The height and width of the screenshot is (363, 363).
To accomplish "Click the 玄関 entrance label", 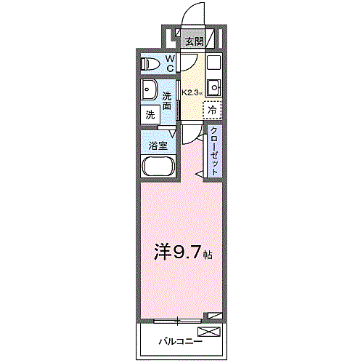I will tap(193, 41).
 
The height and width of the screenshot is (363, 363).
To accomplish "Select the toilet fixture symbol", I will tap(150, 63).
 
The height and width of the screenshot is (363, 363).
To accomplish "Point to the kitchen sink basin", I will tap(213, 89).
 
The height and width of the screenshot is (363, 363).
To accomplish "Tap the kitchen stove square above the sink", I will tap(213, 63).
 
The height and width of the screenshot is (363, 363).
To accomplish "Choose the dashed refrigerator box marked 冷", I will tap(212, 110).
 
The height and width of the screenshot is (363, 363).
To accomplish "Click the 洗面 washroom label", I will tap(167, 101).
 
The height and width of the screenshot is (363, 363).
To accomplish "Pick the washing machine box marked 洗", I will tap(150, 114).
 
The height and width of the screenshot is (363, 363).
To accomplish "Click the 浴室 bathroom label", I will tap(158, 145).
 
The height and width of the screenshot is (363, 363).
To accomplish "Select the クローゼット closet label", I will tap(215, 150).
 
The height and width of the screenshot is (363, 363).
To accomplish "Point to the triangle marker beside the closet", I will tap(199, 174).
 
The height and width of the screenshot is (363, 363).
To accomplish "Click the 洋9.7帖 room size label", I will tap(182, 252).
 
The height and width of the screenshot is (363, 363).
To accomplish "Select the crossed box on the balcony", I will tap(208, 332).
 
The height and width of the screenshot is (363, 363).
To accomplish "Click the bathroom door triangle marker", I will tap(172, 132).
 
